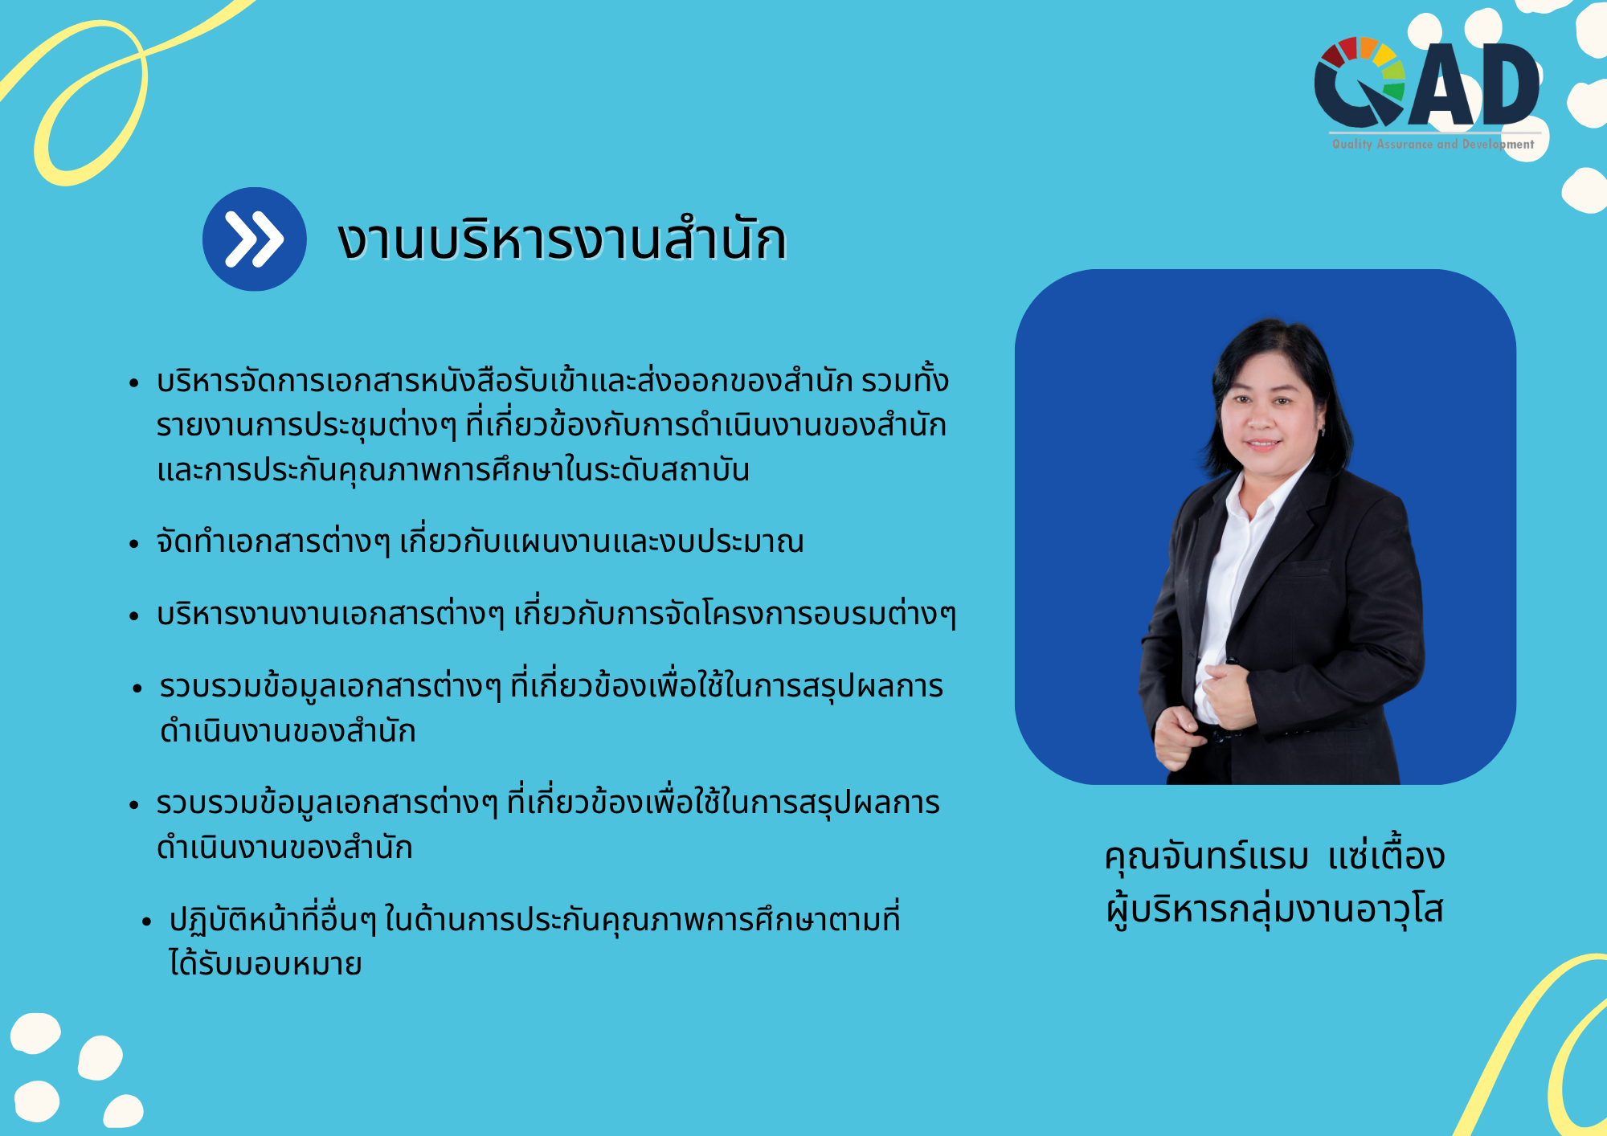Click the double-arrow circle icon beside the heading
[x=254, y=239]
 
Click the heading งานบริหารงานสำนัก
[x=562, y=239]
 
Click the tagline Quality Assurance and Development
[x=1433, y=144]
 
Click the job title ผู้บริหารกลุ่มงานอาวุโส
[x=1274, y=910]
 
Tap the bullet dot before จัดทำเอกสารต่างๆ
[x=134, y=544]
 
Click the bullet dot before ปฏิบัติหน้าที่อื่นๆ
[x=146, y=921]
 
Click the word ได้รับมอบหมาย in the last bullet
[x=265, y=963]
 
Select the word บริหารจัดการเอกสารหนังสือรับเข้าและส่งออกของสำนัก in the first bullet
[x=505, y=381]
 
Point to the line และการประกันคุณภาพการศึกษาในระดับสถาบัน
[x=453, y=470]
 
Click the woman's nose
[x=1261, y=418]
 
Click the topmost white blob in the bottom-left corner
[x=35, y=1033]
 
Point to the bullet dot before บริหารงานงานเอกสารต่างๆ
[x=134, y=616]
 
